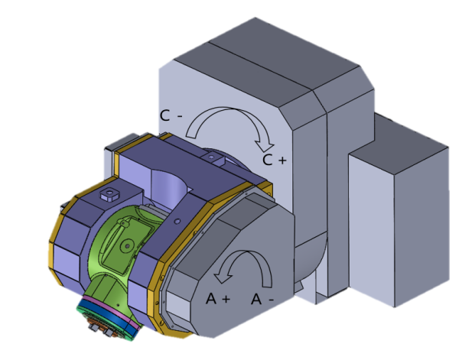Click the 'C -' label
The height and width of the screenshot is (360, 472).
[x=171, y=115]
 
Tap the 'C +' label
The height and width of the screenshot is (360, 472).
[x=274, y=160]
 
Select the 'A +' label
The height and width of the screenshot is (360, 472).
[x=218, y=299]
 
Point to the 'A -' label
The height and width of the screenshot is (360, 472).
[x=262, y=299]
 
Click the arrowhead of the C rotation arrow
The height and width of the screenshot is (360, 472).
[x=264, y=147]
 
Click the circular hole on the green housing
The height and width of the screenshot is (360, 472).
[x=127, y=246]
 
